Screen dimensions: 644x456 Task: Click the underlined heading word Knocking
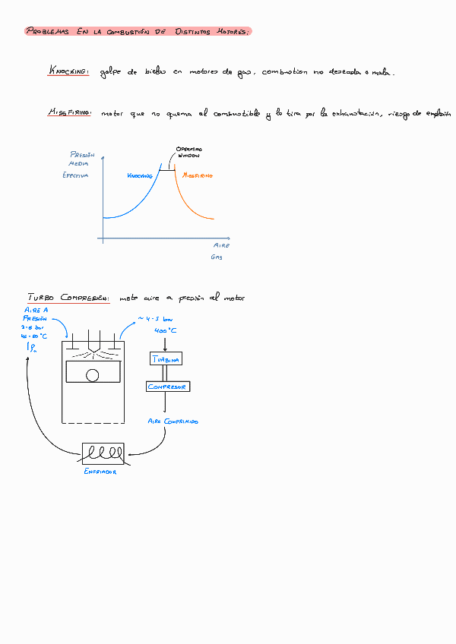68,71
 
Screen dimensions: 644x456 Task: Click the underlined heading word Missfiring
69,113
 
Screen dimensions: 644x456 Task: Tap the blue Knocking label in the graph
140,175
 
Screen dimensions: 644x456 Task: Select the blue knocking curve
137,204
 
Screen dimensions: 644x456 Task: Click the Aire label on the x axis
221,245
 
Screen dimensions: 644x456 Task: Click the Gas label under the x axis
217,258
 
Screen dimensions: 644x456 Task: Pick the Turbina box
166,359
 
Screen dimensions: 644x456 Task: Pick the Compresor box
168,387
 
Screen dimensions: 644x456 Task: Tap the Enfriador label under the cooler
100,472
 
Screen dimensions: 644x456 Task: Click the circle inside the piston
93,374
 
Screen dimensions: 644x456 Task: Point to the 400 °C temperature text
166,331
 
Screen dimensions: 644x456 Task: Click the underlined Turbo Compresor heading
68,298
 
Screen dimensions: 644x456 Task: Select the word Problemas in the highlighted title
47,31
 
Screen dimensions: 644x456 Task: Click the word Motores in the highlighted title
228,31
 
